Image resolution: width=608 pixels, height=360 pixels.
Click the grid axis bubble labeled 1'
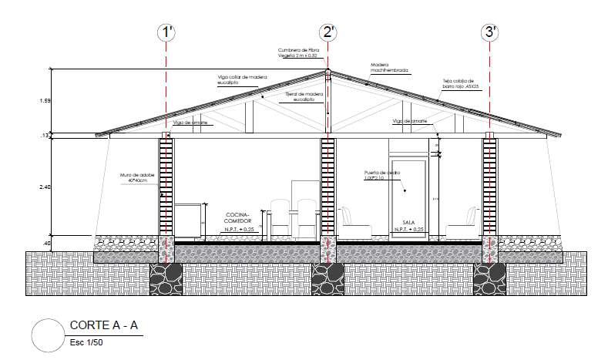166,32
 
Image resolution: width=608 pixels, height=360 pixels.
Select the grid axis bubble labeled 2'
328,32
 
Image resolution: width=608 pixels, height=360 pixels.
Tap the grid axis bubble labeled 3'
490,32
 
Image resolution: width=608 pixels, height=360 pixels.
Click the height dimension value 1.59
45,101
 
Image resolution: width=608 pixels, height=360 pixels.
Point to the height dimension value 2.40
45,187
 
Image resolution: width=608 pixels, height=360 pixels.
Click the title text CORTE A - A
103,325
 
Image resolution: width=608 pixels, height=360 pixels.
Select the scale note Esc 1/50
86,341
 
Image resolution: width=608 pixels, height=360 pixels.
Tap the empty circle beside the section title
47,335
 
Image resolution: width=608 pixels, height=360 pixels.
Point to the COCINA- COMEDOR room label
239,217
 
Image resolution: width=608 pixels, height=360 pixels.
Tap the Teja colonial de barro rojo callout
462,84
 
